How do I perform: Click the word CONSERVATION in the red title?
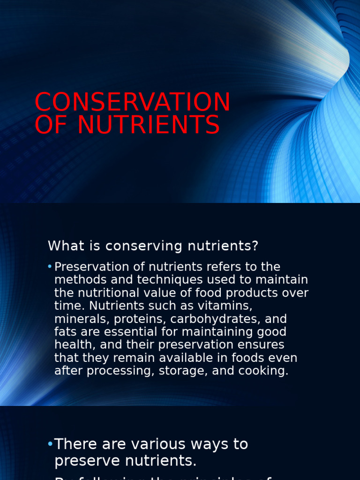click(132, 102)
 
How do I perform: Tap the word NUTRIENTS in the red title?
click(149, 125)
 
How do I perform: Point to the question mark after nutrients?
click(255, 246)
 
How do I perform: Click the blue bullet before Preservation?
click(50, 267)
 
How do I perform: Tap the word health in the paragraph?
click(70, 345)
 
